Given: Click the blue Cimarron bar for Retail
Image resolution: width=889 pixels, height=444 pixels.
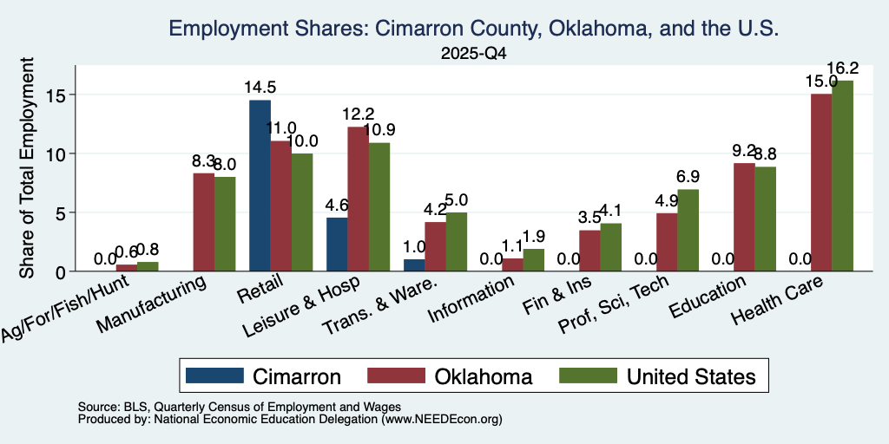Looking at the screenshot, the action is point(260,186).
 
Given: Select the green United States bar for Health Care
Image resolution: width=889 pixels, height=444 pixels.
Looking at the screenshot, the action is point(842,176).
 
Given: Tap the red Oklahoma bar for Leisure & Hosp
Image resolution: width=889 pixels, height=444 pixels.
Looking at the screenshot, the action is point(358,199).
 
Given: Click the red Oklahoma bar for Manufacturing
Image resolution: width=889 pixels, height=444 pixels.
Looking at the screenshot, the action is point(204,222).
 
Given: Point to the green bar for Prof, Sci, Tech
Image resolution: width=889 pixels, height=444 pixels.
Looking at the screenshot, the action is point(688,231).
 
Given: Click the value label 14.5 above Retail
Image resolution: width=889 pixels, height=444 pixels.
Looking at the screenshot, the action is point(260,88).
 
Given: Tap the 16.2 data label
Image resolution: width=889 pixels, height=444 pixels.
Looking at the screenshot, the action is point(842,69).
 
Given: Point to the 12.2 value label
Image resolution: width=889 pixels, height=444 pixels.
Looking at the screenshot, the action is point(358,114).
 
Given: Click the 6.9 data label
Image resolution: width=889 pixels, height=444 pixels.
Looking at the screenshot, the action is point(688,177).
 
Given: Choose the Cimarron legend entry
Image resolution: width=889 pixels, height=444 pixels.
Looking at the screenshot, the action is point(264,376).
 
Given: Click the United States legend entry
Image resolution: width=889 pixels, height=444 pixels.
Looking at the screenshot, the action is point(658,376).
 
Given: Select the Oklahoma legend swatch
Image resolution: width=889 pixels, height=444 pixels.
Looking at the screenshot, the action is point(396,375).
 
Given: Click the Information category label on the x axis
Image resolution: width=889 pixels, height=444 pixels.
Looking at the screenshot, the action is point(471,298).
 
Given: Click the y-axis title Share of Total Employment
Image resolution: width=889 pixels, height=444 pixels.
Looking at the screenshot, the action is point(27,167).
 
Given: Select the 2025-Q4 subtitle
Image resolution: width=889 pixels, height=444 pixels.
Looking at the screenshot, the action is point(473,54).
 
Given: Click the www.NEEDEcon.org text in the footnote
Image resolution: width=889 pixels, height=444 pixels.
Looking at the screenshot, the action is point(442,420).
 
